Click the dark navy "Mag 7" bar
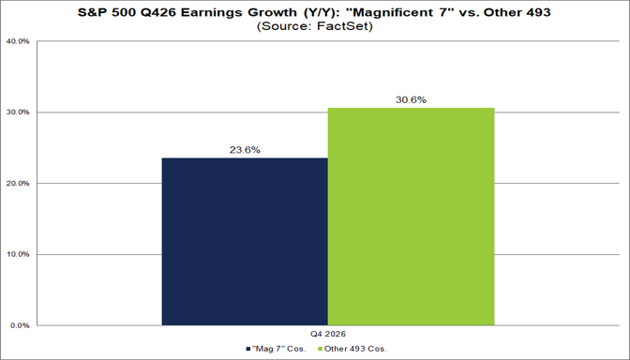(x=245, y=242)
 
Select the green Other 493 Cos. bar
(x=411, y=217)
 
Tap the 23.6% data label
(x=245, y=150)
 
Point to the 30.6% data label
(x=411, y=99)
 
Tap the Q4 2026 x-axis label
(x=328, y=334)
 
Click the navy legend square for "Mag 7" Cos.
(x=248, y=349)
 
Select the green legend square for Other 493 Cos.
(x=320, y=349)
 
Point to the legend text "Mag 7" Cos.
(x=278, y=349)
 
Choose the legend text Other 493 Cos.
(x=355, y=349)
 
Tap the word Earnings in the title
(x=212, y=12)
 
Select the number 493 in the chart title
(x=537, y=12)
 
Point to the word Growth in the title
(x=271, y=12)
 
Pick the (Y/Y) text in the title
(x=318, y=12)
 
